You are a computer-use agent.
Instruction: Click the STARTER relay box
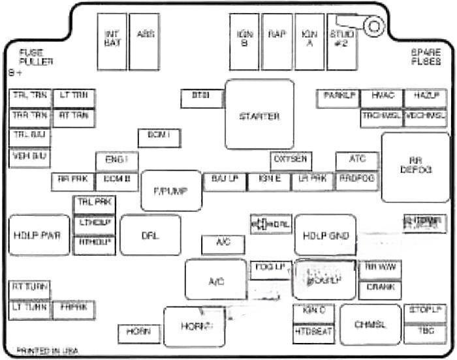click(x=259, y=115)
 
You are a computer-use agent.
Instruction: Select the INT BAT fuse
click(x=112, y=40)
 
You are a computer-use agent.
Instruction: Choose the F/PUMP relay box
click(x=171, y=190)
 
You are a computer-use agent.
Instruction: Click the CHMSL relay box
click(x=370, y=324)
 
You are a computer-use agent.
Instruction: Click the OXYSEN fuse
click(x=291, y=160)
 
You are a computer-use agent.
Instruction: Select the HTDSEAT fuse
click(x=313, y=333)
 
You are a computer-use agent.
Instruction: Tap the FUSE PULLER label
click(x=36, y=57)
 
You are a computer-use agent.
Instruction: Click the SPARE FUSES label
click(x=426, y=57)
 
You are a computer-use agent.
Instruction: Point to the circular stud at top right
click(x=374, y=27)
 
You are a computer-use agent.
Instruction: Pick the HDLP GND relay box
click(x=325, y=235)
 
